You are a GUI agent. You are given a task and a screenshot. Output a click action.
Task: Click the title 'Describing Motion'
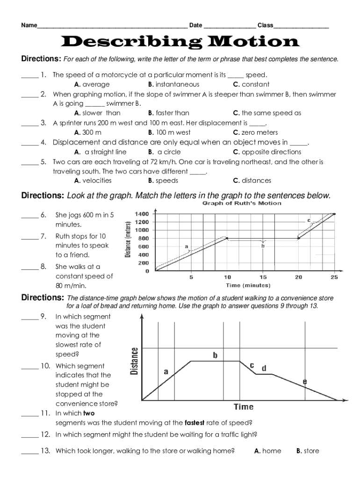pyautogui.click(x=180, y=42)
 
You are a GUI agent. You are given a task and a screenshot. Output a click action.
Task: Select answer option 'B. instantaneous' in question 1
pyautogui.click(x=173, y=84)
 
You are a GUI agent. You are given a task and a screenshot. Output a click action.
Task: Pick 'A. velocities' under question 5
pyautogui.click(x=93, y=181)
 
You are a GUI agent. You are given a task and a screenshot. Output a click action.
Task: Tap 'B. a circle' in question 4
pyautogui.click(x=164, y=152)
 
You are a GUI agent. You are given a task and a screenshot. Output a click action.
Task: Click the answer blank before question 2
pyautogui.click(x=29, y=94)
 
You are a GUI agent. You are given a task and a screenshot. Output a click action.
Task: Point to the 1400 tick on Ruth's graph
pyautogui.click(x=142, y=214)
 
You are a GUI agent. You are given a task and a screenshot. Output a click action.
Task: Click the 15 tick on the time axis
pyautogui.click(x=263, y=277)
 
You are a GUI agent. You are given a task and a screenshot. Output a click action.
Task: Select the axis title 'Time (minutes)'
pyautogui.click(x=248, y=285)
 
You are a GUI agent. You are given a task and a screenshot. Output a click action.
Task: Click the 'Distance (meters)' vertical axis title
pyautogui.click(x=127, y=239)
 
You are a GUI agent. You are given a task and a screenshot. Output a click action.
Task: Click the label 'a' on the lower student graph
pyautogui.click(x=166, y=372)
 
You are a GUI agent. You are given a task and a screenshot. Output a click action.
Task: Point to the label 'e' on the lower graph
pyautogui.click(x=305, y=382)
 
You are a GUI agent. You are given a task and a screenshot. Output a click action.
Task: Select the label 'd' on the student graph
pyautogui.click(x=264, y=368)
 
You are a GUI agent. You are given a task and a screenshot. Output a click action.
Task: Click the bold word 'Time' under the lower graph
pyautogui.click(x=243, y=407)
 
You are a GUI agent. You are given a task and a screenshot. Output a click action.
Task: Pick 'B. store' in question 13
pyautogui.click(x=308, y=451)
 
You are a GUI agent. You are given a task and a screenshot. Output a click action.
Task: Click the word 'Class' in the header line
pyautogui.click(x=265, y=25)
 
